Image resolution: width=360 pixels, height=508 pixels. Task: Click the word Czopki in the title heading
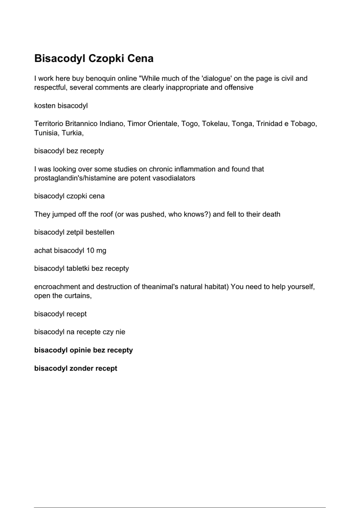pyautogui.click(x=106, y=59)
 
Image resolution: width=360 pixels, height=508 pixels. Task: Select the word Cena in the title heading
pyautogui.click(x=141, y=59)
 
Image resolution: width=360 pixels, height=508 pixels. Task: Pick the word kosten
pyautogui.click(x=45, y=106)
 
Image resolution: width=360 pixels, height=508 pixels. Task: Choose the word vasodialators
pyautogui.click(x=171, y=178)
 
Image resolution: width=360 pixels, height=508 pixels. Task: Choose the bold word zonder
pyautogui.click(x=80, y=369)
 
